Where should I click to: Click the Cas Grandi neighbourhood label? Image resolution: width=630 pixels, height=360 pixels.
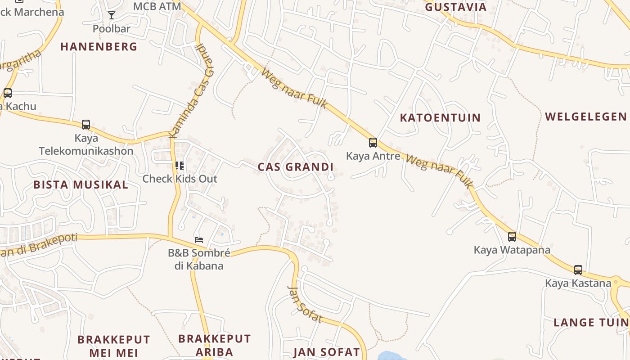coord(296,167)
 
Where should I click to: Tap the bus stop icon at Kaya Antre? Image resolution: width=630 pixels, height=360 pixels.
coord(373,143)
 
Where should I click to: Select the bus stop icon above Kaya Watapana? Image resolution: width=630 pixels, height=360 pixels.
coord(512,236)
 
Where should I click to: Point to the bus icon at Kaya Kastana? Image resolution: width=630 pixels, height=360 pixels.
coord(578,270)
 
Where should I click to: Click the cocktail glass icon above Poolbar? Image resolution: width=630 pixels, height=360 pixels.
coord(112,15)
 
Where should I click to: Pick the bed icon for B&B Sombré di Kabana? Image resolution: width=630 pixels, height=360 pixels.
coord(198,239)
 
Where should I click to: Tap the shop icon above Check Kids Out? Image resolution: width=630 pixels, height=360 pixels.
coord(180,166)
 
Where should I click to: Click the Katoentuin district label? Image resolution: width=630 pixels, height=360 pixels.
coord(440,118)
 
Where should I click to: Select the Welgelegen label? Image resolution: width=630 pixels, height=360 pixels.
coord(585,117)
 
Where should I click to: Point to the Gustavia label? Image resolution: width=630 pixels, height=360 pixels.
coord(455,7)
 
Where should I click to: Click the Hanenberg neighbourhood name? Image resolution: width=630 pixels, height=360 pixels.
coord(99,46)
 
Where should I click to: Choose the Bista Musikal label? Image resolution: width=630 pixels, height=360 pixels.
coord(81,184)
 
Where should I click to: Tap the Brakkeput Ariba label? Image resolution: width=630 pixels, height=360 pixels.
coord(214,345)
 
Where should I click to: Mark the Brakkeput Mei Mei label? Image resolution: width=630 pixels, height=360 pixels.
coord(113,346)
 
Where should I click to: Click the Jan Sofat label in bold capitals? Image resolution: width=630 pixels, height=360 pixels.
coord(327,352)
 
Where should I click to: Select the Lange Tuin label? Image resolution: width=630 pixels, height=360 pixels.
coord(591,322)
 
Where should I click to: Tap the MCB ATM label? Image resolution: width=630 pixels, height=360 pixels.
coord(157,6)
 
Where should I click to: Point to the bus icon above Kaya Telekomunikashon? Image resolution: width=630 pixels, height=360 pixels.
coord(85,125)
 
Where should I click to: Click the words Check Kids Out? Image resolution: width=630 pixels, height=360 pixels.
coord(180,179)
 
